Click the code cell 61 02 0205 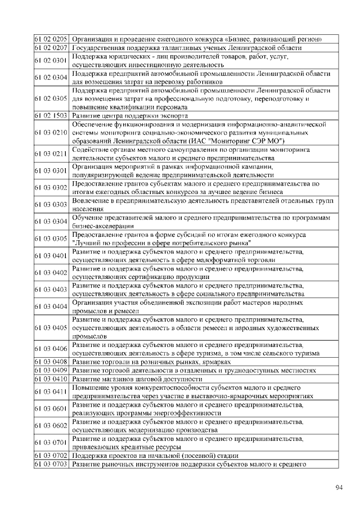(x=51, y=39)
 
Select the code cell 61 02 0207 (x=51, y=48)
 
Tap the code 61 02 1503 (x=51, y=115)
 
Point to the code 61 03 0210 (x=51, y=132)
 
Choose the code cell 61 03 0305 (x=51, y=238)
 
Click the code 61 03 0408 (x=51, y=361)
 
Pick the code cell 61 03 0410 (x=51, y=379)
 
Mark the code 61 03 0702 (x=51, y=455)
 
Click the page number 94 (x=339, y=487)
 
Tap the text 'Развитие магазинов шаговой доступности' (x=137, y=379)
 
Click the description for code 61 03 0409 (x=194, y=370)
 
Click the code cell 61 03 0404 (x=51, y=307)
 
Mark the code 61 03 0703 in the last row (x=51, y=464)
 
